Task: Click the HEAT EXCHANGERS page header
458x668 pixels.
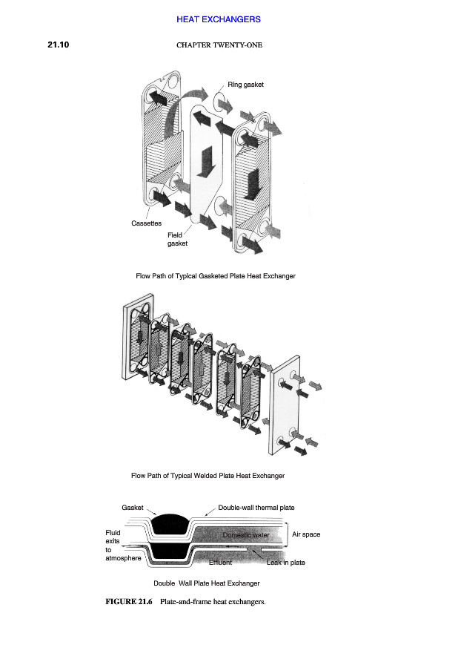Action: pos(218,19)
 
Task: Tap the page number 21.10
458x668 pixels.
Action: pos(59,45)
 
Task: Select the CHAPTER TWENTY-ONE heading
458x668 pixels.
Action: pos(219,45)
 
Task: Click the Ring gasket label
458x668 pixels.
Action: pos(245,85)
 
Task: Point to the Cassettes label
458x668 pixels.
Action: pos(146,223)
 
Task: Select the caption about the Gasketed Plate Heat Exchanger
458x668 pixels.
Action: pos(215,276)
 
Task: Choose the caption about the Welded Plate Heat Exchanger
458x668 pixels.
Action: pos(208,475)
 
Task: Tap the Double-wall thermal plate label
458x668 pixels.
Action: pos(256,508)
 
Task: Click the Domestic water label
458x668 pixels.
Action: pos(245,534)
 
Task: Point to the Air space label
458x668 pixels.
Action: pos(306,534)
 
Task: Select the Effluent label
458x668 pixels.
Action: pos(220,563)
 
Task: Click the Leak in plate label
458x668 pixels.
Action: pos(285,563)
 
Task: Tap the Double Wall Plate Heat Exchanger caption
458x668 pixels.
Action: pos(206,583)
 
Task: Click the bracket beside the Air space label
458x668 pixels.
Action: pos(287,534)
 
